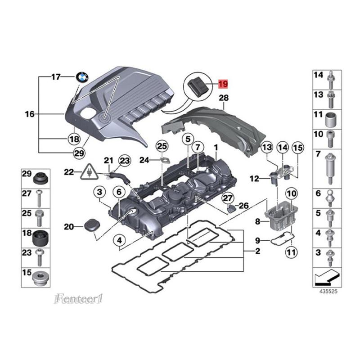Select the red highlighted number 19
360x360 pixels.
click(224, 84)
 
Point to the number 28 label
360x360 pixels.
click(224, 98)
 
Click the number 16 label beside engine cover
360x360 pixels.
click(29, 114)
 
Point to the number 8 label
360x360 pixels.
click(258, 221)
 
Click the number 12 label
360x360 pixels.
click(254, 179)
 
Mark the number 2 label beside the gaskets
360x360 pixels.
click(258, 251)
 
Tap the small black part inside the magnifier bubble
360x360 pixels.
click(198, 85)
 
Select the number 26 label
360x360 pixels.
click(243, 206)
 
